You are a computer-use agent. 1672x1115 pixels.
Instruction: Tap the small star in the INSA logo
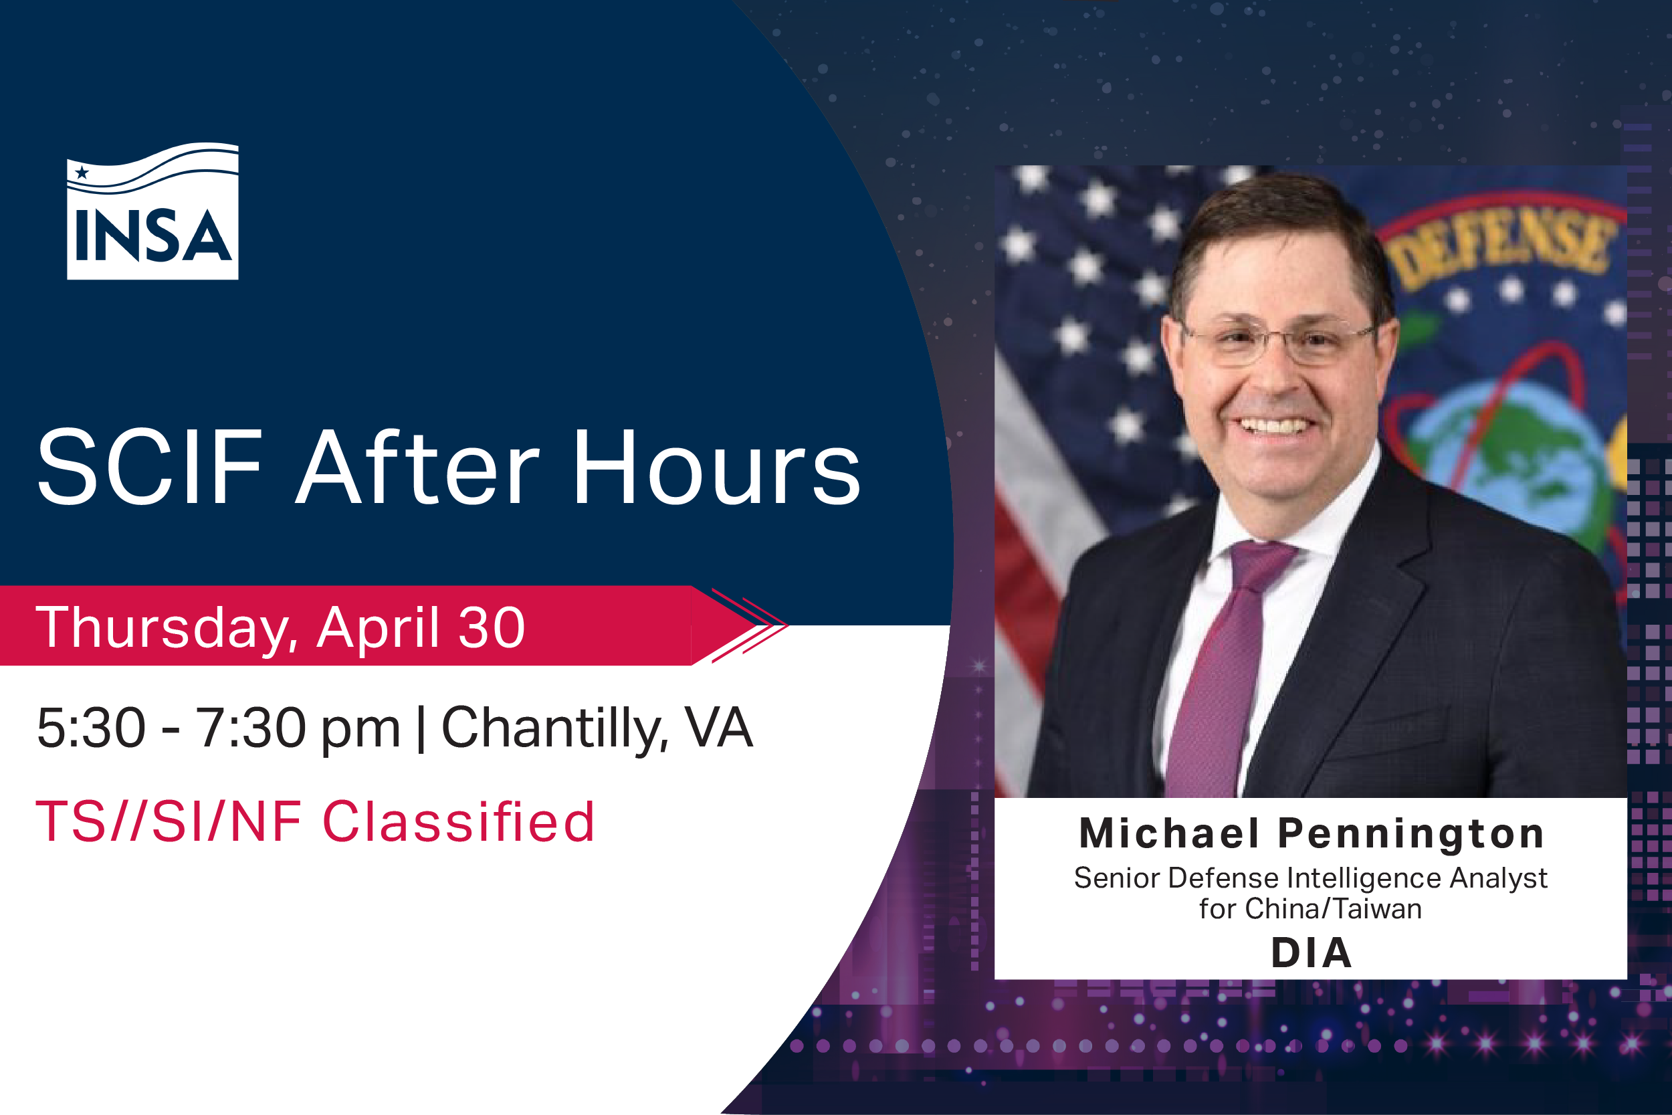[x=82, y=172]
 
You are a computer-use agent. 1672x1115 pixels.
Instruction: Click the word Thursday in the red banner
[x=163, y=627]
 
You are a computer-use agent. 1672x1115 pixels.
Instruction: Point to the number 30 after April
[x=491, y=627]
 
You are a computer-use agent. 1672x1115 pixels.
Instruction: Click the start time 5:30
[x=91, y=728]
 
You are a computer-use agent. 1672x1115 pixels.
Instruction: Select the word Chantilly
[x=554, y=728]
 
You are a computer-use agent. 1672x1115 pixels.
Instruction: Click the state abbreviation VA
[x=718, y=728]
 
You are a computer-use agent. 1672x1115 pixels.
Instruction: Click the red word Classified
[x=459, y=822]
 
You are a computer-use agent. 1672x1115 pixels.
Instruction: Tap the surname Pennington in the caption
[x=1411, y=833]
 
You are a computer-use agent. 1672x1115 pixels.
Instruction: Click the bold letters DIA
[x=1311, y=953]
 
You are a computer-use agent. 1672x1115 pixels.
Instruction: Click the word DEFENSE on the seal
[x=1500, y=249]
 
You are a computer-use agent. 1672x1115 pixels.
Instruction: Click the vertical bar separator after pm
[x=421, y=728]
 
